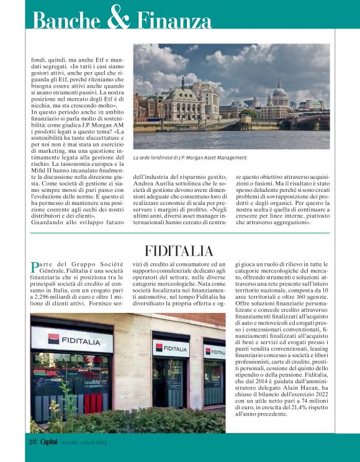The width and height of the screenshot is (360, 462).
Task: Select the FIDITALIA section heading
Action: point(179,251)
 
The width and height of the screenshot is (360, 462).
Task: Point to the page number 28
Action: point(34,442)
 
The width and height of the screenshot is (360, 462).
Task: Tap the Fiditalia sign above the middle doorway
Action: point(171,348)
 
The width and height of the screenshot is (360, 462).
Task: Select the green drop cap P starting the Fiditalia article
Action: point(35,268)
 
